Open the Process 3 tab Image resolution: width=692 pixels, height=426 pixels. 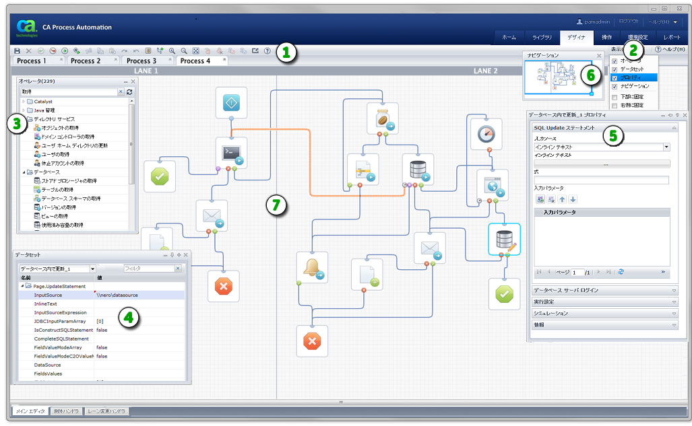141,61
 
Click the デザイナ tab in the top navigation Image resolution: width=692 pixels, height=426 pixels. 576,37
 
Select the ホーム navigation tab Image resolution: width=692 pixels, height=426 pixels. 509,37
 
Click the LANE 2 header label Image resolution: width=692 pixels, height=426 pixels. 485,71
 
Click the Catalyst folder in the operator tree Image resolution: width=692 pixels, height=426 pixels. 43,102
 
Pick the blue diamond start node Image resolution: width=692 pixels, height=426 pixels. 232,103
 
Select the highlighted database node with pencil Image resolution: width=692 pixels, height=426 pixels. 505,240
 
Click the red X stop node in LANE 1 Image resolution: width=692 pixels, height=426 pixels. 223,286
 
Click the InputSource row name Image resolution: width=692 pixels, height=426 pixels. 48,295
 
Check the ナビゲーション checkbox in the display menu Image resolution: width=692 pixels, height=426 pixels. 615,86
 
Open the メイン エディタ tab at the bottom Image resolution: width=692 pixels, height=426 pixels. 30,411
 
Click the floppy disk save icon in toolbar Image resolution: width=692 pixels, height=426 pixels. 17,50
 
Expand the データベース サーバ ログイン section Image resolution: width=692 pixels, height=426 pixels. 603,291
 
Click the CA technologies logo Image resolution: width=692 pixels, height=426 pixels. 28,28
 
